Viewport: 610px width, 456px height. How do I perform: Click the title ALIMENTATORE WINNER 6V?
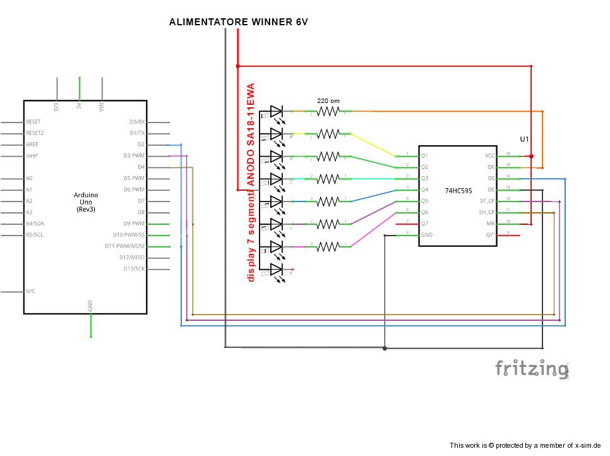pyautogui.click(x=238, y=22)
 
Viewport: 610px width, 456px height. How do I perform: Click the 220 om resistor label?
pyautogui.click(x=328, y=100)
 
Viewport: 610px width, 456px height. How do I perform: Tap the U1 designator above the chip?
pyautogui.click(x=524, y=138)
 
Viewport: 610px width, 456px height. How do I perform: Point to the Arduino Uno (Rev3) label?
pyautogui.click(x=85, y=201)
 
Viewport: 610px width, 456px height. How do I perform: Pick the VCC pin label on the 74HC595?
pyautogui.click(x=490, y=155)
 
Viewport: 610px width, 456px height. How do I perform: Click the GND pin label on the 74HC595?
pyautogui.click(x=427, y=235)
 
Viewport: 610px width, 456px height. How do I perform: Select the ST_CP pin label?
pyautogui.click(x=487, y=201)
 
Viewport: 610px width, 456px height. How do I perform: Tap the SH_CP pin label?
pyautogui.click(x=487, y=212)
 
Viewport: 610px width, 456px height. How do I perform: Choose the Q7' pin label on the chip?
pyautogui.click(x=491, y=235)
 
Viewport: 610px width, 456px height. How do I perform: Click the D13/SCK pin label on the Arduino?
pyautogui.click(x=134, y=269)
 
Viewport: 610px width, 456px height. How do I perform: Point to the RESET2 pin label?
pyautogui.click(x=35, y=133)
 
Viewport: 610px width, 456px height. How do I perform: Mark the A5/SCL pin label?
pyautogui.click(x=35, y=236)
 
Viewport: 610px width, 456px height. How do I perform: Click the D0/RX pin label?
pyautogui.click(x=137, y=122)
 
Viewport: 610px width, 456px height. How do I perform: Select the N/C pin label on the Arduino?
pyautogui.click(x=30, y=291)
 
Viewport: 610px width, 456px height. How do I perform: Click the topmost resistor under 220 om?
pyautogui.click(x=328, y=111)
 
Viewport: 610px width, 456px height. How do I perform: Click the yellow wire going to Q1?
pyautogui.click(x=373, y=145)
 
